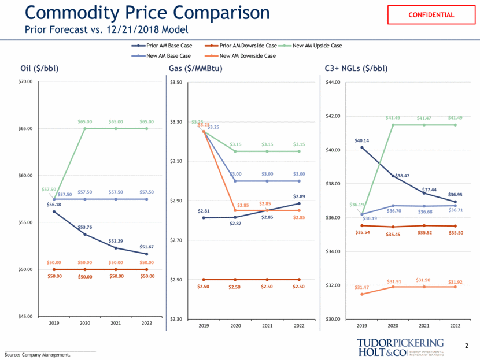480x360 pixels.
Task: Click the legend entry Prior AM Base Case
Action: tap(168, 45)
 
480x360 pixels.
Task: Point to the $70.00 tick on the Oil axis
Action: tap(25, 83)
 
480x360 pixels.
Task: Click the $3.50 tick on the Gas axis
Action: tap(176, 83)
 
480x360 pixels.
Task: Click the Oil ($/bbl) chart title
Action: tap(39, 69)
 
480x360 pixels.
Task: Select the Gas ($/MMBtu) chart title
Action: tap(196, 69)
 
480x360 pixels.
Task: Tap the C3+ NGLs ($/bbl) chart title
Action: tap(356, 69)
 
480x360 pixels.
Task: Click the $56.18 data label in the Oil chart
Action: tap(53, 204)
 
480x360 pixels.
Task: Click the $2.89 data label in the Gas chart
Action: tap(299, 196)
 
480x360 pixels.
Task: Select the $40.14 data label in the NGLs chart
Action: tap(361, 140)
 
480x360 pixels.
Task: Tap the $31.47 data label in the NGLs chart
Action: tap(361, 287)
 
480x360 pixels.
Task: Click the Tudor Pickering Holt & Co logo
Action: tap(400, 347)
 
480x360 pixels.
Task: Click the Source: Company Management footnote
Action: tap(38, 355)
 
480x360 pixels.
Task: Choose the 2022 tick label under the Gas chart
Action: tap(299, 326)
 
